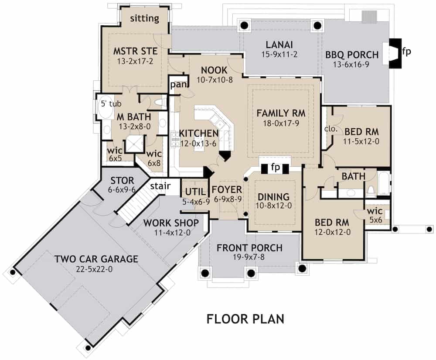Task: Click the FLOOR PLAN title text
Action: [245, 318]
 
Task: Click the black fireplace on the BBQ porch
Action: [394, 53]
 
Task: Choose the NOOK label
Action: [214, 70]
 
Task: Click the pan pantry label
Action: [178, 84]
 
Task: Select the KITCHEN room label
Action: [198, 133]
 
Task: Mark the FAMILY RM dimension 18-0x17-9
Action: [280, 123]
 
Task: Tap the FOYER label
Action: [227, 189]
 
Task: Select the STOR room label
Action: [119, 181]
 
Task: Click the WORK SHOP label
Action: [171, 223]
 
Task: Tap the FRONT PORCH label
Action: [249, 248]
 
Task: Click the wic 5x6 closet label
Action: [375, 212]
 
